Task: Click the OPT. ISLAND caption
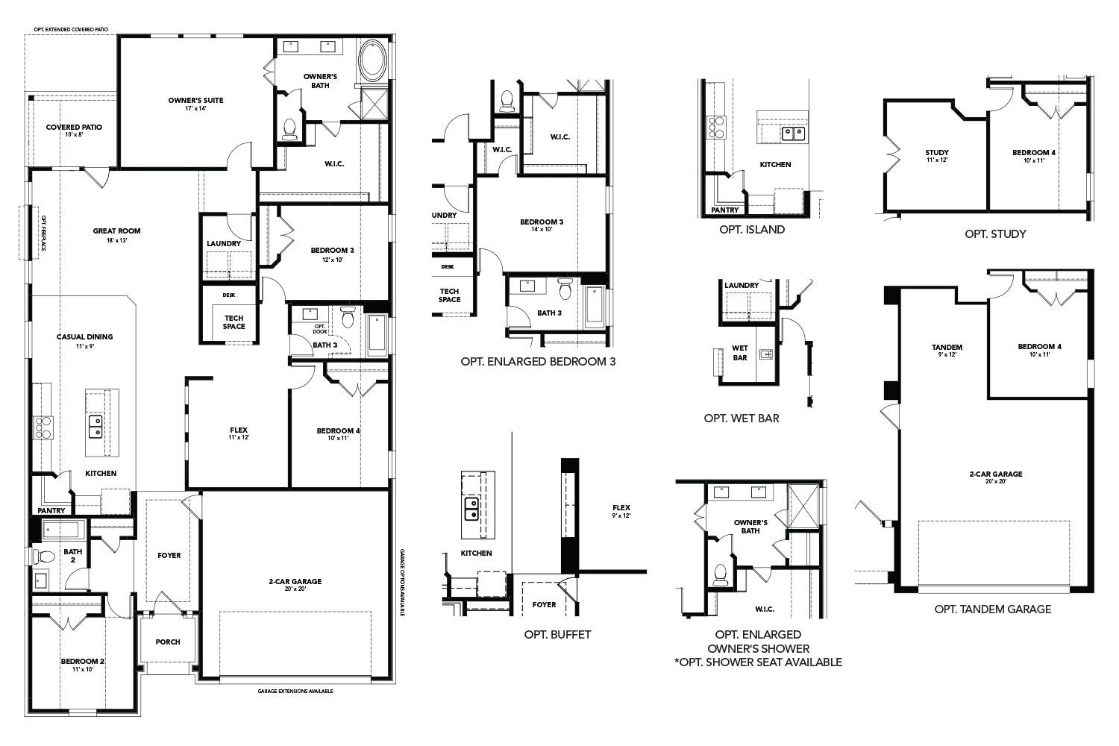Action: tap(752, 230)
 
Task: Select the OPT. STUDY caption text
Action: tap(995, 234)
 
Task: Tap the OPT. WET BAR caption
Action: tap(742, 419)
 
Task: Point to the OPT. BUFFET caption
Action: tap(557, 635)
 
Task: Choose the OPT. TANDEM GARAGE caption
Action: tap(993, 609)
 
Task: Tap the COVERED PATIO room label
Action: tap(74, 128)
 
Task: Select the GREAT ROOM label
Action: tap(116, 231)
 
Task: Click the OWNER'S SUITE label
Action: tap(195, 101)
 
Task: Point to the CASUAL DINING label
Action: tap(85, 337)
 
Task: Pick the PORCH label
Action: tap(168, 642)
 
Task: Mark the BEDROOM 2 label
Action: tap(82, 662)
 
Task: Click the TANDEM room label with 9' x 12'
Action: tap(947, 348)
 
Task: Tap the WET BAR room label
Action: tap(740, 353)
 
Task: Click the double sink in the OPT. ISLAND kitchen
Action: tap(793, 134)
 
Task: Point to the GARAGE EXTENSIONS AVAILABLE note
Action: tap(295, 692)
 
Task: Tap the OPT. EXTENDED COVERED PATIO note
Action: tap(71, 29)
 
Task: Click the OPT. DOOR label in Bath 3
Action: tap(320, 328)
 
